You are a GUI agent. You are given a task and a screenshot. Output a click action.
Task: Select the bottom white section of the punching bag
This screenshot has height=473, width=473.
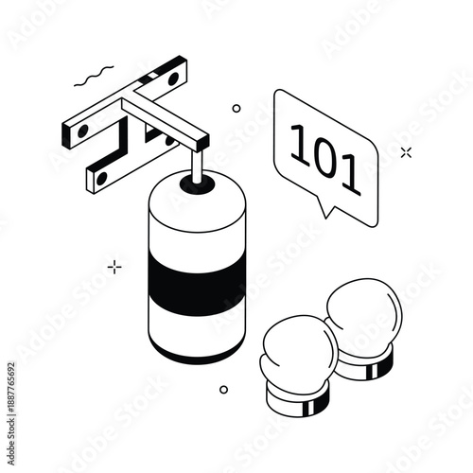click(x=196, y=331)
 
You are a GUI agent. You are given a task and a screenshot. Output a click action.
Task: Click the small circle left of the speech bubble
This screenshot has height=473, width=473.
click(x=236, y=109)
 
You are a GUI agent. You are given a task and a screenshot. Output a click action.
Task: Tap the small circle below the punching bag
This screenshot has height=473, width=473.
click(x=224, y=389)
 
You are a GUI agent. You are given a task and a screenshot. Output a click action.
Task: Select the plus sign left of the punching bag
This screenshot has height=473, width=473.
click(x=114, y=267)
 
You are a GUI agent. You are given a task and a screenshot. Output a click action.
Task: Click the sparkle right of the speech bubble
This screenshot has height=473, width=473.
click(x=406, y=151)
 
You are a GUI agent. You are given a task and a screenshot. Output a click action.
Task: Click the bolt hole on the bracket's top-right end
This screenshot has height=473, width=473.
click(x=173, y=79)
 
